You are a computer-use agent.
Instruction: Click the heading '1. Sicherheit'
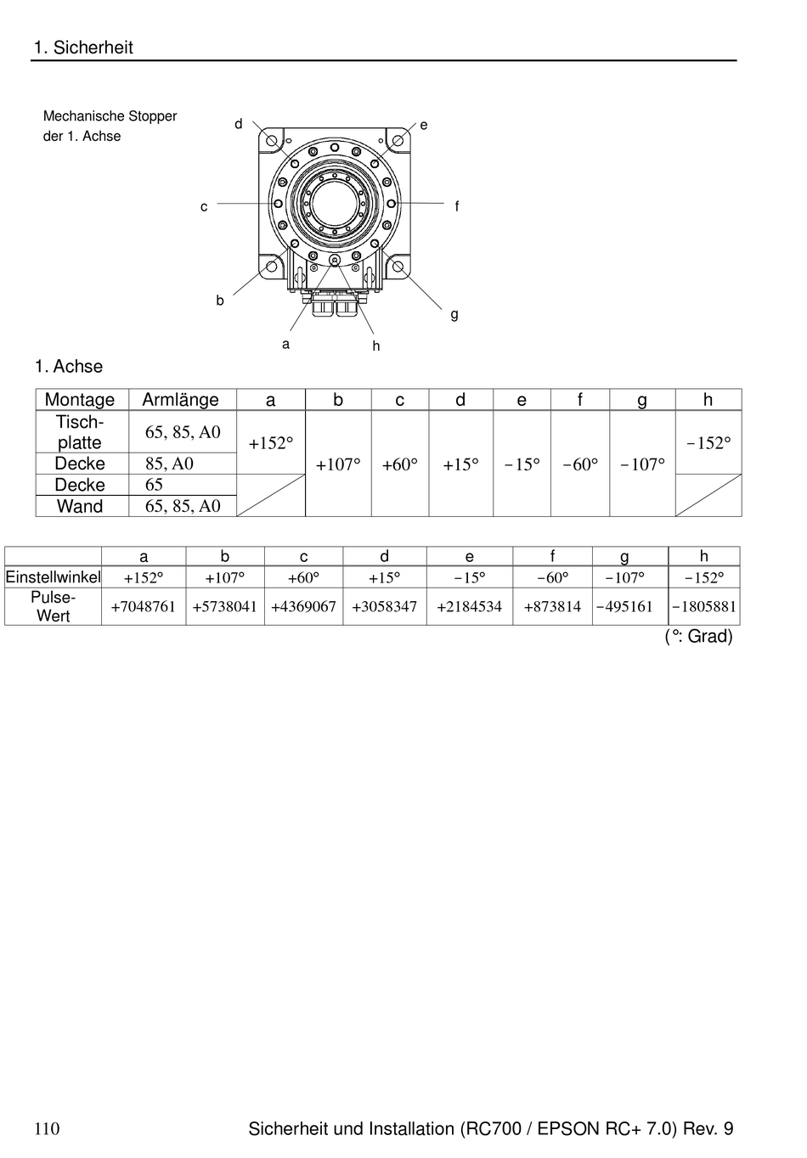[83, 48]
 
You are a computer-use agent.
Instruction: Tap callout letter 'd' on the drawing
[239, 124]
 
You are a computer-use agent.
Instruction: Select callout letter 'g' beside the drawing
[454, 314]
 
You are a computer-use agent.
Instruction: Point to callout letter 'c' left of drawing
[204, 207]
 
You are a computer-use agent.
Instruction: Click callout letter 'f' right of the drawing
[457, 206]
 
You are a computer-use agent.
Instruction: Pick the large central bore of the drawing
[335, 203]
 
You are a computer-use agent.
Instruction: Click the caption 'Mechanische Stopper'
[110, 115]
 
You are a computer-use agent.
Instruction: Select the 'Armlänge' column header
[181, 400]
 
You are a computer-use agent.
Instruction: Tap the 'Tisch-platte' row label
[80, 432]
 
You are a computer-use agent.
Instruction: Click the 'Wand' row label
[81, 506]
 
